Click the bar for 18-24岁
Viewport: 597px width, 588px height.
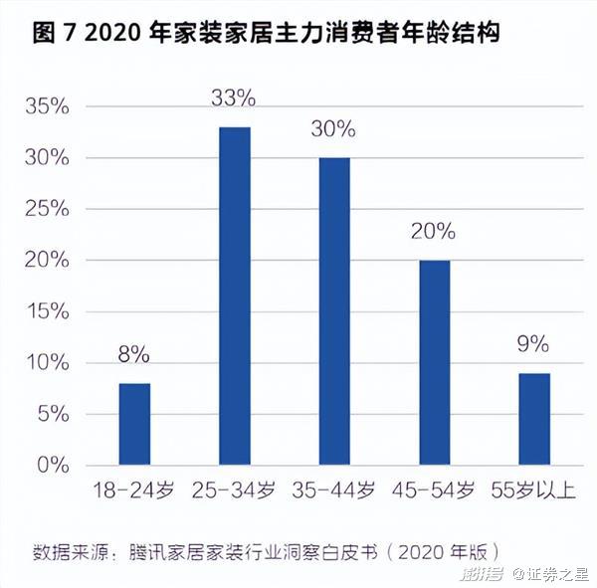(134, 424)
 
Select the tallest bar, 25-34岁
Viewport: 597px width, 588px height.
(235, 295)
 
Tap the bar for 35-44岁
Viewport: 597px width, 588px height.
(334, 310)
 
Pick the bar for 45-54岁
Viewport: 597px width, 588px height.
(434, 362)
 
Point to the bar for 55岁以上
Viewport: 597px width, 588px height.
(533, 419)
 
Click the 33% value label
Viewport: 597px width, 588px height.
(235, 98)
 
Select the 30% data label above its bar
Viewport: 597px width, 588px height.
(333, 128)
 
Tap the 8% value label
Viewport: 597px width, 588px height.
(133, 354)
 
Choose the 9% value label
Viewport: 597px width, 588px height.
(533, 344)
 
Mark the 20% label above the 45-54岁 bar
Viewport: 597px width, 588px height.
(433, 231)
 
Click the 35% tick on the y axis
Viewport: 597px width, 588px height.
(49, 106)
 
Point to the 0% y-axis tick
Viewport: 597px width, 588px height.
(55, 465)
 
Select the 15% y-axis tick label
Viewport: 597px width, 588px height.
(49, 311)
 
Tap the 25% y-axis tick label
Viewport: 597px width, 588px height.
(49, 209)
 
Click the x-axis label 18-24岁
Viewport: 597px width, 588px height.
(134, 490)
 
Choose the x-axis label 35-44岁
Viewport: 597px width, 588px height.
(334, 490)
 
